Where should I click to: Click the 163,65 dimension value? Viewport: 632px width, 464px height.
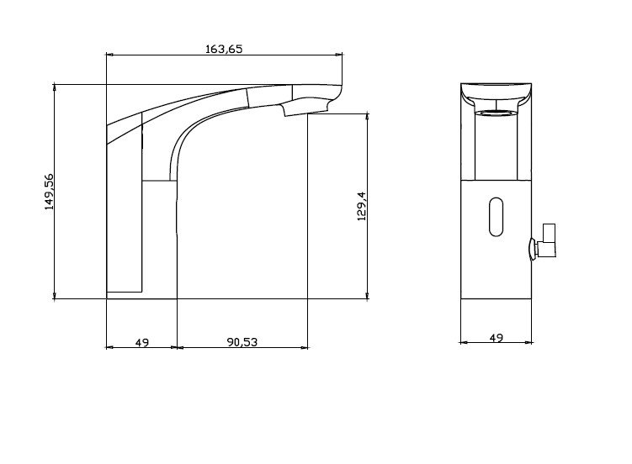(x=224, y=49)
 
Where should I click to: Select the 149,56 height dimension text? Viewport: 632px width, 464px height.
(x=49, y=192)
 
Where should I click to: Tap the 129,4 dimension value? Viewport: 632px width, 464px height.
(x=362, y=206)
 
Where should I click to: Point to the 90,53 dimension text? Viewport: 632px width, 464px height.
(x=242, y=342)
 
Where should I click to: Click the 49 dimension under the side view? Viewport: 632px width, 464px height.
(x=142, y=343)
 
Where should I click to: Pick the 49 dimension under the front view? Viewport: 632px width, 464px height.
(x=497, y=338)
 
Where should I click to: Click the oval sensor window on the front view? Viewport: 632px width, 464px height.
(x=497, y=217)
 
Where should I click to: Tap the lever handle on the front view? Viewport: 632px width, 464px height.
(x=547, y=240)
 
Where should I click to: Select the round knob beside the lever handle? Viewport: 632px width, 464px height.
(x=533, y=249)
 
